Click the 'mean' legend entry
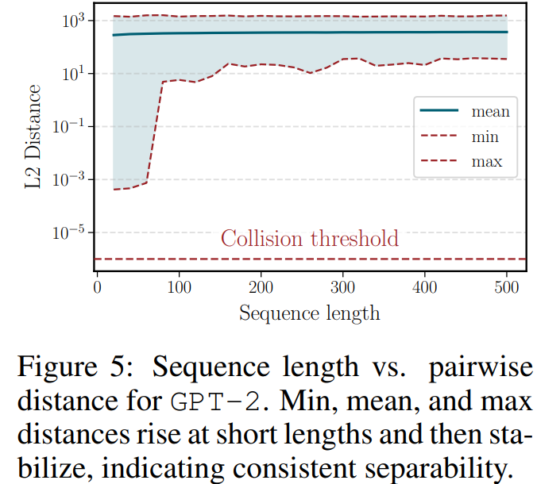pos(490,111)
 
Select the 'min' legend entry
pos(485,136)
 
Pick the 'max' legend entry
pos(487,162)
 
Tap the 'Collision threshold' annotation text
pos(309,238)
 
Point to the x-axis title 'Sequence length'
pos(309,313)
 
